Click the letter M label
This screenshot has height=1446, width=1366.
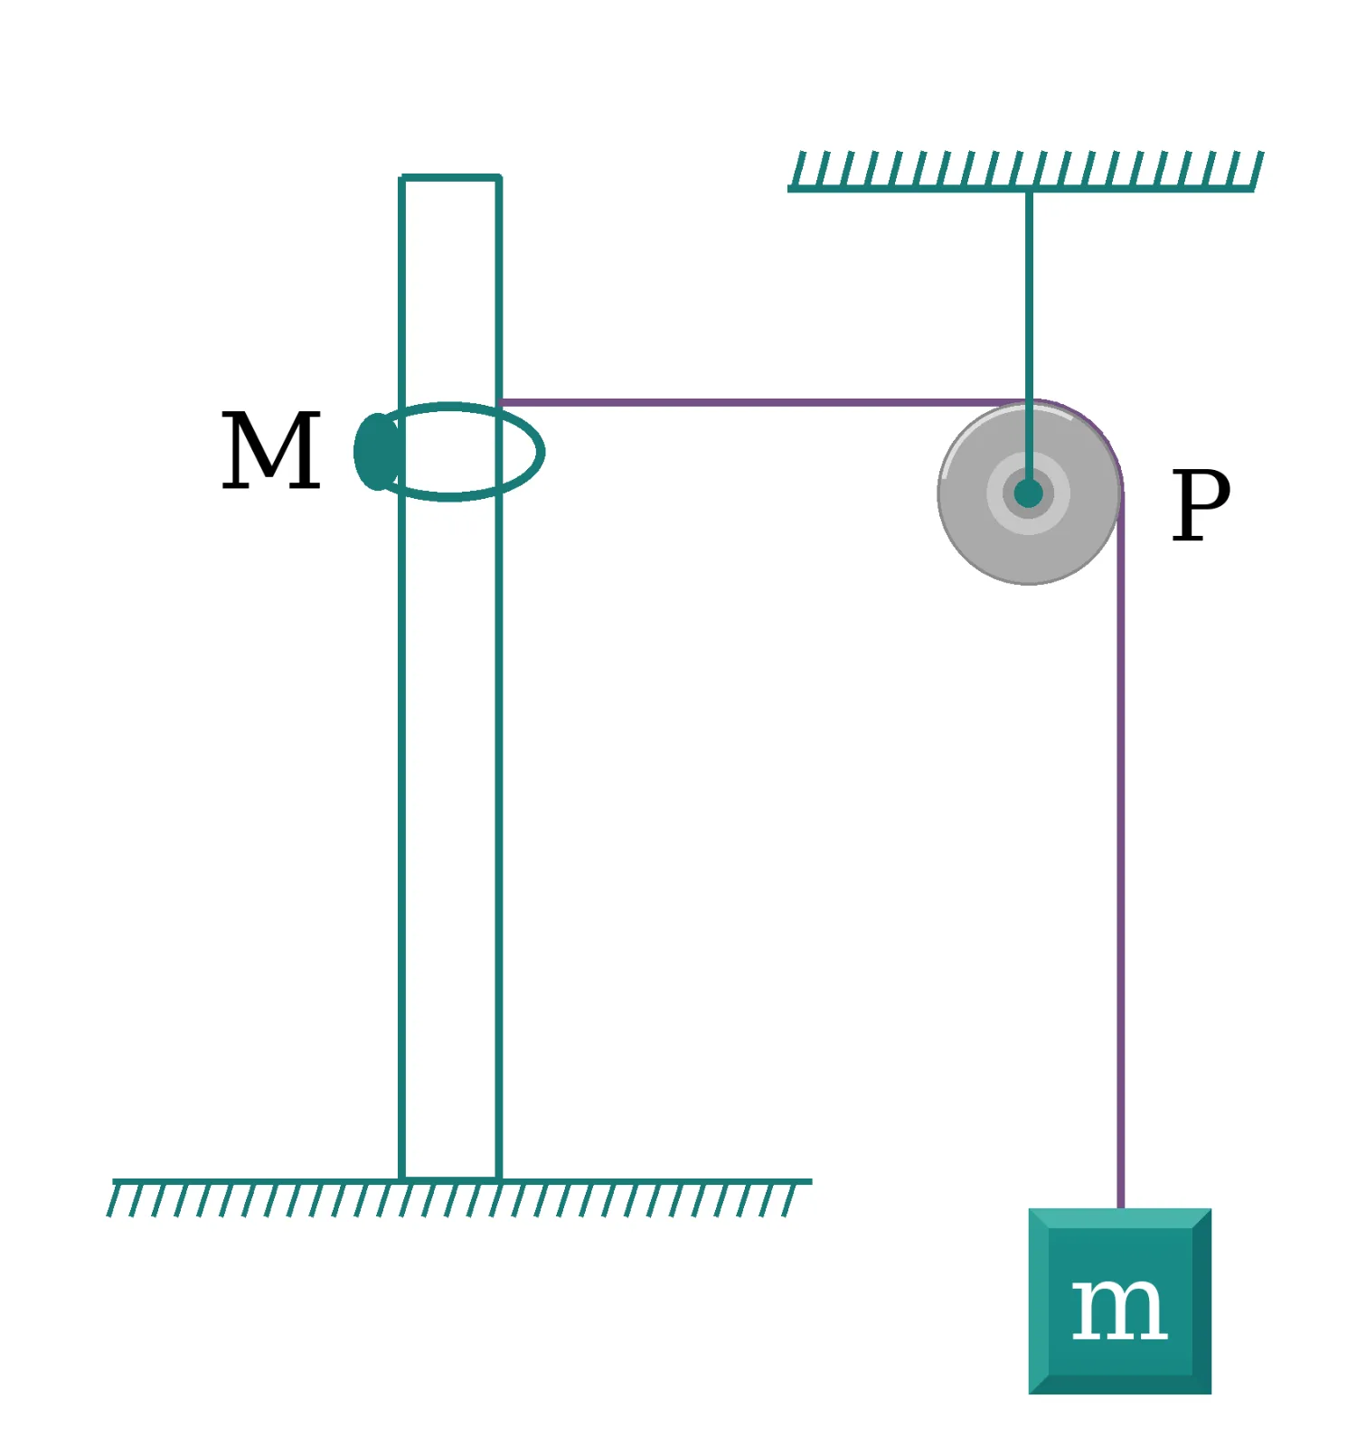coord(271,450)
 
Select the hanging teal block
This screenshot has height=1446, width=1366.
coord(1120,1300)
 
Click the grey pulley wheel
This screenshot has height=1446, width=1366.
coord(1030,493)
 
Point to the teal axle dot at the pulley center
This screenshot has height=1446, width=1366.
coord(1029,493)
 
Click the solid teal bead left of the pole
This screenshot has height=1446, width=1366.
coord(376,452)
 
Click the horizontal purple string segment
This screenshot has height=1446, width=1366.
coord(764,402)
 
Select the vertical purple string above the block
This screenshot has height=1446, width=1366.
coord(1121,850)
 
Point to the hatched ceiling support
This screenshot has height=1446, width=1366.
coord(1025,171)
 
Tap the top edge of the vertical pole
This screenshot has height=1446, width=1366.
coord(450,178)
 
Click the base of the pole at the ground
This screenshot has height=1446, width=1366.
coord(450,1178)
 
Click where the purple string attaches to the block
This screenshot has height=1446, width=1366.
coord(1121,1208)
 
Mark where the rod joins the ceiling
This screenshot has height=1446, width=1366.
coord(1029,189)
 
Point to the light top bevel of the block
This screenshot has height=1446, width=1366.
coord(1120,1217)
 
